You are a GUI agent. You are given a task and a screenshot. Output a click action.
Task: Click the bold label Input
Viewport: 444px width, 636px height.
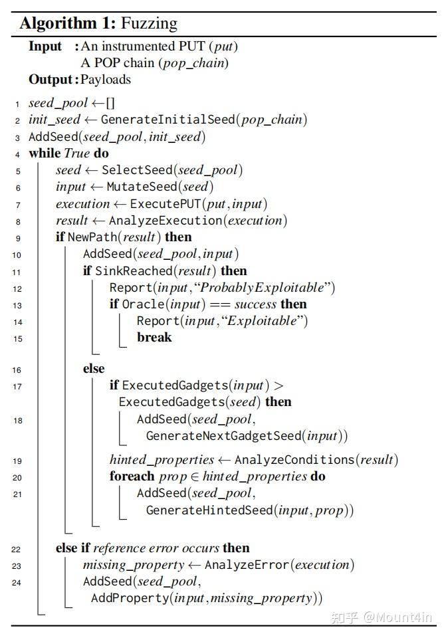click(x=45, y=47)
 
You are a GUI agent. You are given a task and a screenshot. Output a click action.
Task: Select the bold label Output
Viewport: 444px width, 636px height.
click(x=50, y=80)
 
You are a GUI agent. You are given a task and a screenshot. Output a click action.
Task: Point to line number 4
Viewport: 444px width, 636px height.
click(x=17, y=154)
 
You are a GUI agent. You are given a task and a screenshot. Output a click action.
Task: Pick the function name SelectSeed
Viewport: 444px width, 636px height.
click(x=138, y=170)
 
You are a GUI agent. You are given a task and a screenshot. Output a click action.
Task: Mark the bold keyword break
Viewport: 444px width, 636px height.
click(x=154, y=338)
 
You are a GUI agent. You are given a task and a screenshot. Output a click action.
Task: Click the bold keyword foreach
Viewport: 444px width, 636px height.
click(x=133, y=477)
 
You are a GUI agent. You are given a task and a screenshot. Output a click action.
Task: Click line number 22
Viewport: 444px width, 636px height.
click(x=16, y=549)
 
